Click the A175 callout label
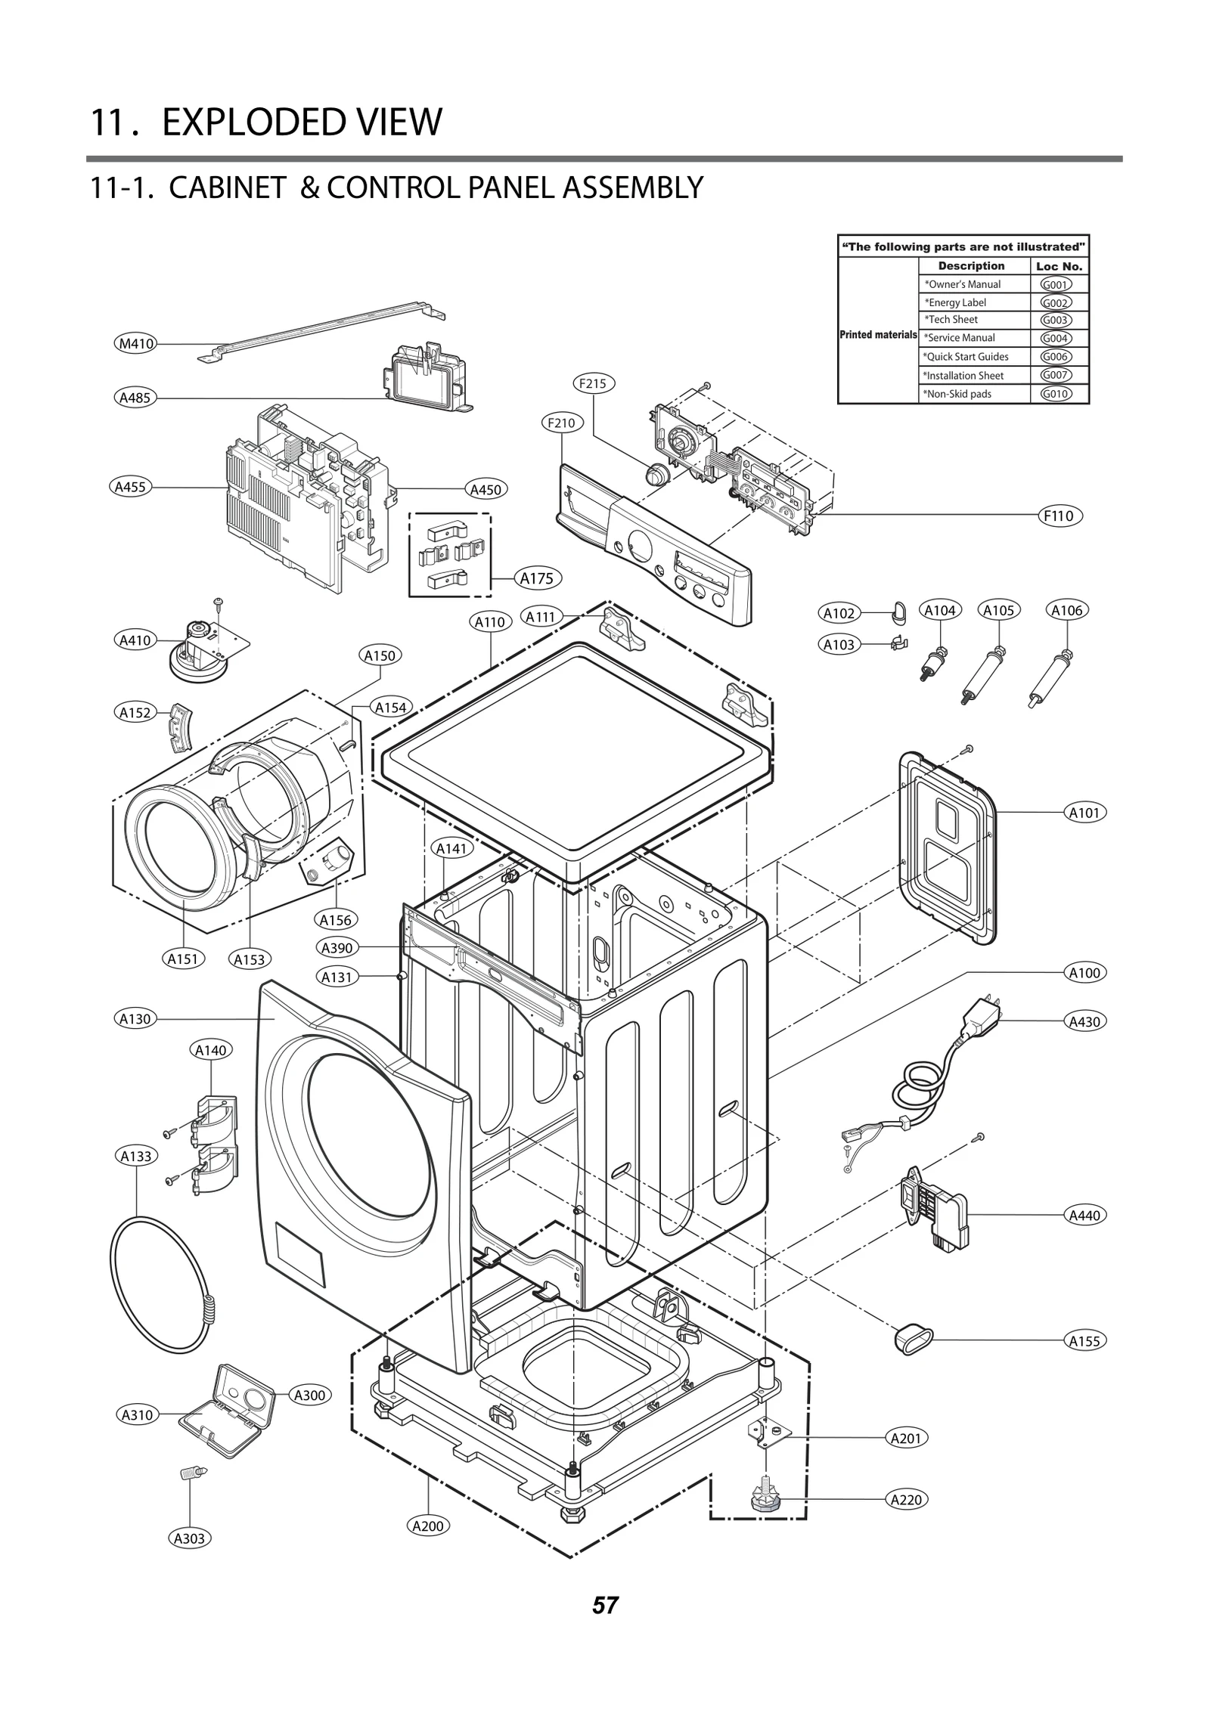[537, 578]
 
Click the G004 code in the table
[1056, 338]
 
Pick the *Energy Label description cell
[957, 302]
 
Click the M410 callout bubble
[136, 344]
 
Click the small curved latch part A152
[179, 727]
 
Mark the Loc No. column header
[1059, 266]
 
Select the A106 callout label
[1067, 610]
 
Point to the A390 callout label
[337, 947]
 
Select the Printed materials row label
[877, 335]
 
